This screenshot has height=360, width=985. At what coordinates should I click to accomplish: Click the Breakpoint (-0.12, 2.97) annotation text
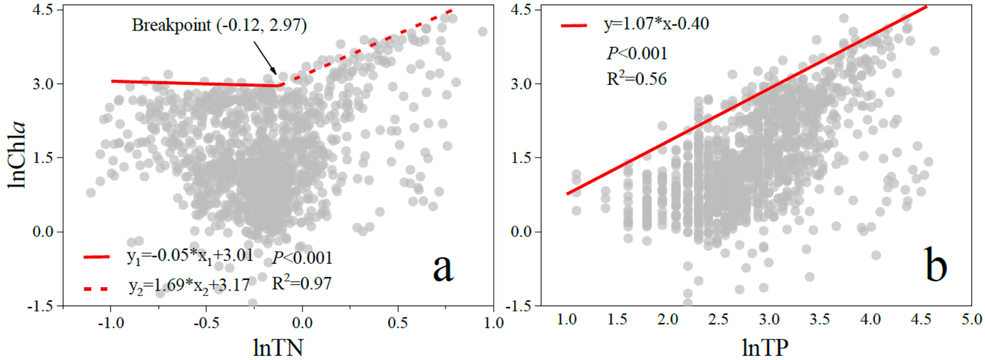tap(219, 25)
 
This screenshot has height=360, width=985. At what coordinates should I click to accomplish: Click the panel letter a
tap(443, 268)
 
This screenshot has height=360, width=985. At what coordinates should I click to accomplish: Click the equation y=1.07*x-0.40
tap(656, 24)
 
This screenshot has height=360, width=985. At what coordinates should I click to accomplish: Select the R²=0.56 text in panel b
tap(636, 79)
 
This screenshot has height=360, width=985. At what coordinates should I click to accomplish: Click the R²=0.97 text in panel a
tap(302, 284)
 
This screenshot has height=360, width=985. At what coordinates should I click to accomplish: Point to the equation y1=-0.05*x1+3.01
tap(190, 256)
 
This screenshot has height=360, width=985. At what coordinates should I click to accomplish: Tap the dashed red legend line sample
tap(96, 288)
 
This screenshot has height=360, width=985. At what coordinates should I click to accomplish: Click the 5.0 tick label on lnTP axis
tap(972, 320)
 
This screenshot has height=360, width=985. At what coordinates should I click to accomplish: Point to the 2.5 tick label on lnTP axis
tap(718, 320)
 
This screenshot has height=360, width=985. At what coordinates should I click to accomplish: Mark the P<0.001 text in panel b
tap(637, 53)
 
